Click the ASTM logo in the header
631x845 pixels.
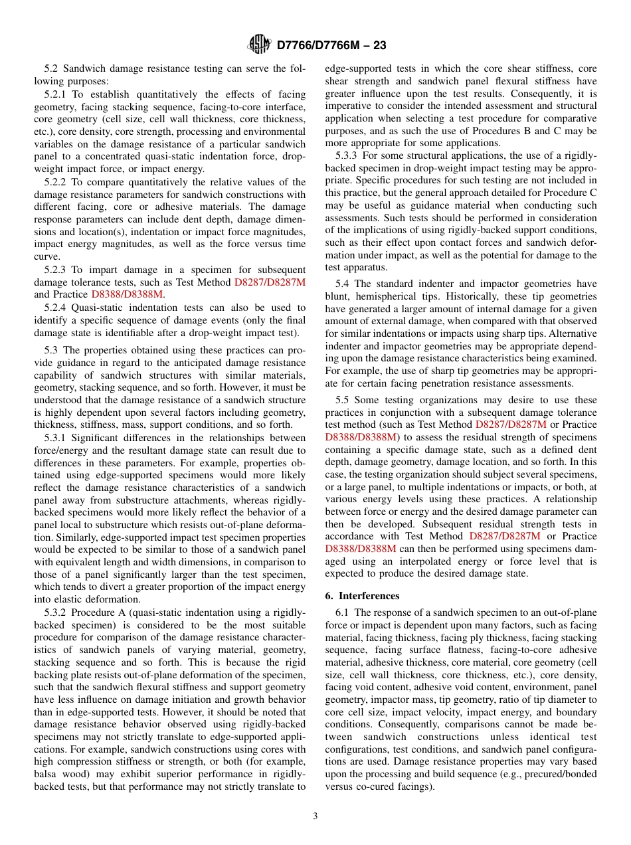click(x=259, y=45)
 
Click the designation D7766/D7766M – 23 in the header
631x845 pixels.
click(x=331, y=45)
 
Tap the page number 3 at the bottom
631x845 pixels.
click(x=315, y=816)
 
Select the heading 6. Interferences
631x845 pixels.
click(x=362, y=596)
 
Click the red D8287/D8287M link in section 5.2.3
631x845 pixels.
click(x=270, y=282)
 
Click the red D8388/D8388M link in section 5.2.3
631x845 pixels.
click(x=127, y=294)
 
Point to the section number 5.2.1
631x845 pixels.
click(x=56, y=94)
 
